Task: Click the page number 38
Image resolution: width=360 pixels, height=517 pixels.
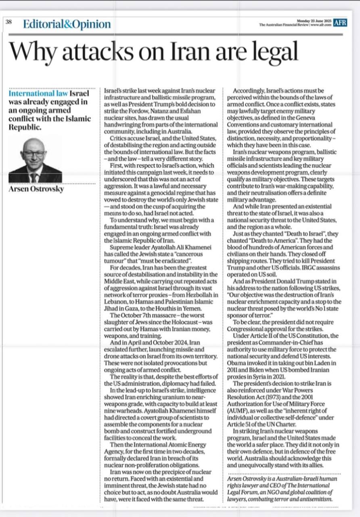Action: tap(8, 22)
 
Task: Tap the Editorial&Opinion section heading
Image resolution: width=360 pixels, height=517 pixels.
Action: tap(67, 24)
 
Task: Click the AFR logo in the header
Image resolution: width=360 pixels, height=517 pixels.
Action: tap(340, 23)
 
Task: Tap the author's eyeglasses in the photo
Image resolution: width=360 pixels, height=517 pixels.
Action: tap(34, 154)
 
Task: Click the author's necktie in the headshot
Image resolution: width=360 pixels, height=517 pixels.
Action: tap(34, 177)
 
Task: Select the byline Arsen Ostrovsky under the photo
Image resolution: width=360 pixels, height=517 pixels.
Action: tap(36, 189)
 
